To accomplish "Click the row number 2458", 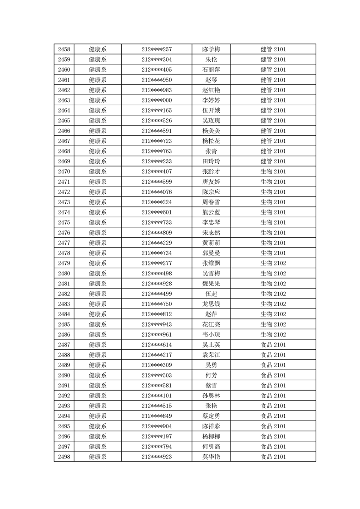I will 64,49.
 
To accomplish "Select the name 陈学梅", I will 211,49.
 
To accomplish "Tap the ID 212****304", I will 157,59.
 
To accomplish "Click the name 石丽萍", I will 211,69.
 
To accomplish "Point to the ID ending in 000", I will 157,100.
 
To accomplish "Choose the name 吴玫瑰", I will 211,121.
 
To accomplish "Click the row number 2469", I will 64,161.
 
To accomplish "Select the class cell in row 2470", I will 273,171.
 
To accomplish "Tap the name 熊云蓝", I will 211,212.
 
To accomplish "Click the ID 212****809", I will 157,233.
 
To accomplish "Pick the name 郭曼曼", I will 211,253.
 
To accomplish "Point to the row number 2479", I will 64,263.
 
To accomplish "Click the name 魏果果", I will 211,284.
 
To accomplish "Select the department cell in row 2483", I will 98,304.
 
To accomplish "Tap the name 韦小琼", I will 211,334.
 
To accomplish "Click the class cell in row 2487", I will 273,345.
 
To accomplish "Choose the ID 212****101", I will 157,396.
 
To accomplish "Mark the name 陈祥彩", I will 211,426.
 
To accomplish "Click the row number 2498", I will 64,457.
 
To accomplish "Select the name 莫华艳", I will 211,457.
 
